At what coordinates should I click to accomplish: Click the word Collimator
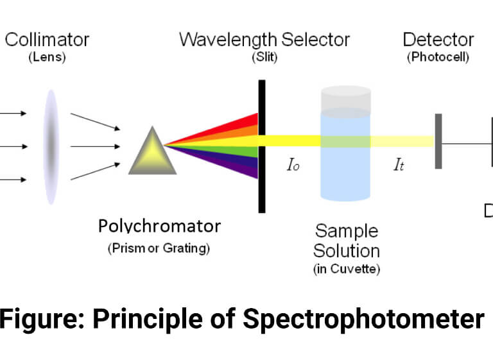tap(47, 40)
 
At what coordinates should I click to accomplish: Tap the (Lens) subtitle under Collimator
tap(47, 57)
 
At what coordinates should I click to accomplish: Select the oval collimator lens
tap(51, 147)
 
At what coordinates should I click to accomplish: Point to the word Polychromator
tap(159, 226)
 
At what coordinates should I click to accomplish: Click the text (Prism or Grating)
tap(159, 248)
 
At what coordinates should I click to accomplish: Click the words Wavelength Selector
tap(264, 40)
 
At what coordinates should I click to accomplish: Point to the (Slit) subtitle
tap(264, 57)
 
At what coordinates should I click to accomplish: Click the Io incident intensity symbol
tap(293, 165)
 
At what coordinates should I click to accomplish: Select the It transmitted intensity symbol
tap(399, 165)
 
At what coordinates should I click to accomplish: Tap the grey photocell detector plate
tap(438, 141)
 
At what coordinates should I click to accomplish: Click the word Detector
tap(438, 40)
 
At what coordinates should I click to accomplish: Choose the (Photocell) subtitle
tap(438, 57)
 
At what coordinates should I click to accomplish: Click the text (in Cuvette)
tap(347, 269)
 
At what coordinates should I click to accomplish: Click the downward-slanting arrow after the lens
tap(95, 121)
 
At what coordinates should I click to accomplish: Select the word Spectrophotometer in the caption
tap(363, 319)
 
